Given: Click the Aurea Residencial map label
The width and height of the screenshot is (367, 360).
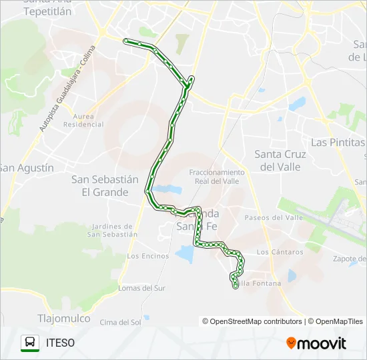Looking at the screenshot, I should (83, 120).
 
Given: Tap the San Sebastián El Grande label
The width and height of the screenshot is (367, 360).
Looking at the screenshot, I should (100, 186).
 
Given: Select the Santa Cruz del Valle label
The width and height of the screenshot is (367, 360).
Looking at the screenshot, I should (280, 161).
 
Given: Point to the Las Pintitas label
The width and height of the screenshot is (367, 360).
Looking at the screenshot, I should (338, 143).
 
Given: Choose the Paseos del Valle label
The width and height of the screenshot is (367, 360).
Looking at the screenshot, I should (274, 218).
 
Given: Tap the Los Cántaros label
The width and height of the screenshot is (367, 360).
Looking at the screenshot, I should (280, 252).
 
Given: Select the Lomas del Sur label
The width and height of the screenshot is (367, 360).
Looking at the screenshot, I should (141, 288).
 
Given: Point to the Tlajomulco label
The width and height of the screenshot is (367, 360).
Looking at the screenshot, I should (64, 318).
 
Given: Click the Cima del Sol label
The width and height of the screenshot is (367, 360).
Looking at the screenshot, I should (120, 323).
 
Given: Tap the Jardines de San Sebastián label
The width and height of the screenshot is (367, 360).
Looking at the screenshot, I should (112, 230).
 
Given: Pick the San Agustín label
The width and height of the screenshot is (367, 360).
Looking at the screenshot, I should (27, 168).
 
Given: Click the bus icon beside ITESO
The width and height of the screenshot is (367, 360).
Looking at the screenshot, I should (30, 343).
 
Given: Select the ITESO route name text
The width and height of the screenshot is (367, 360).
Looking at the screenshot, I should (60, 343).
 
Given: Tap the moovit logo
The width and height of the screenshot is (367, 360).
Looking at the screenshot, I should (316, 343).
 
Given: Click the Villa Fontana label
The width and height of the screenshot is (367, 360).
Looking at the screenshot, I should (260, 284).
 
